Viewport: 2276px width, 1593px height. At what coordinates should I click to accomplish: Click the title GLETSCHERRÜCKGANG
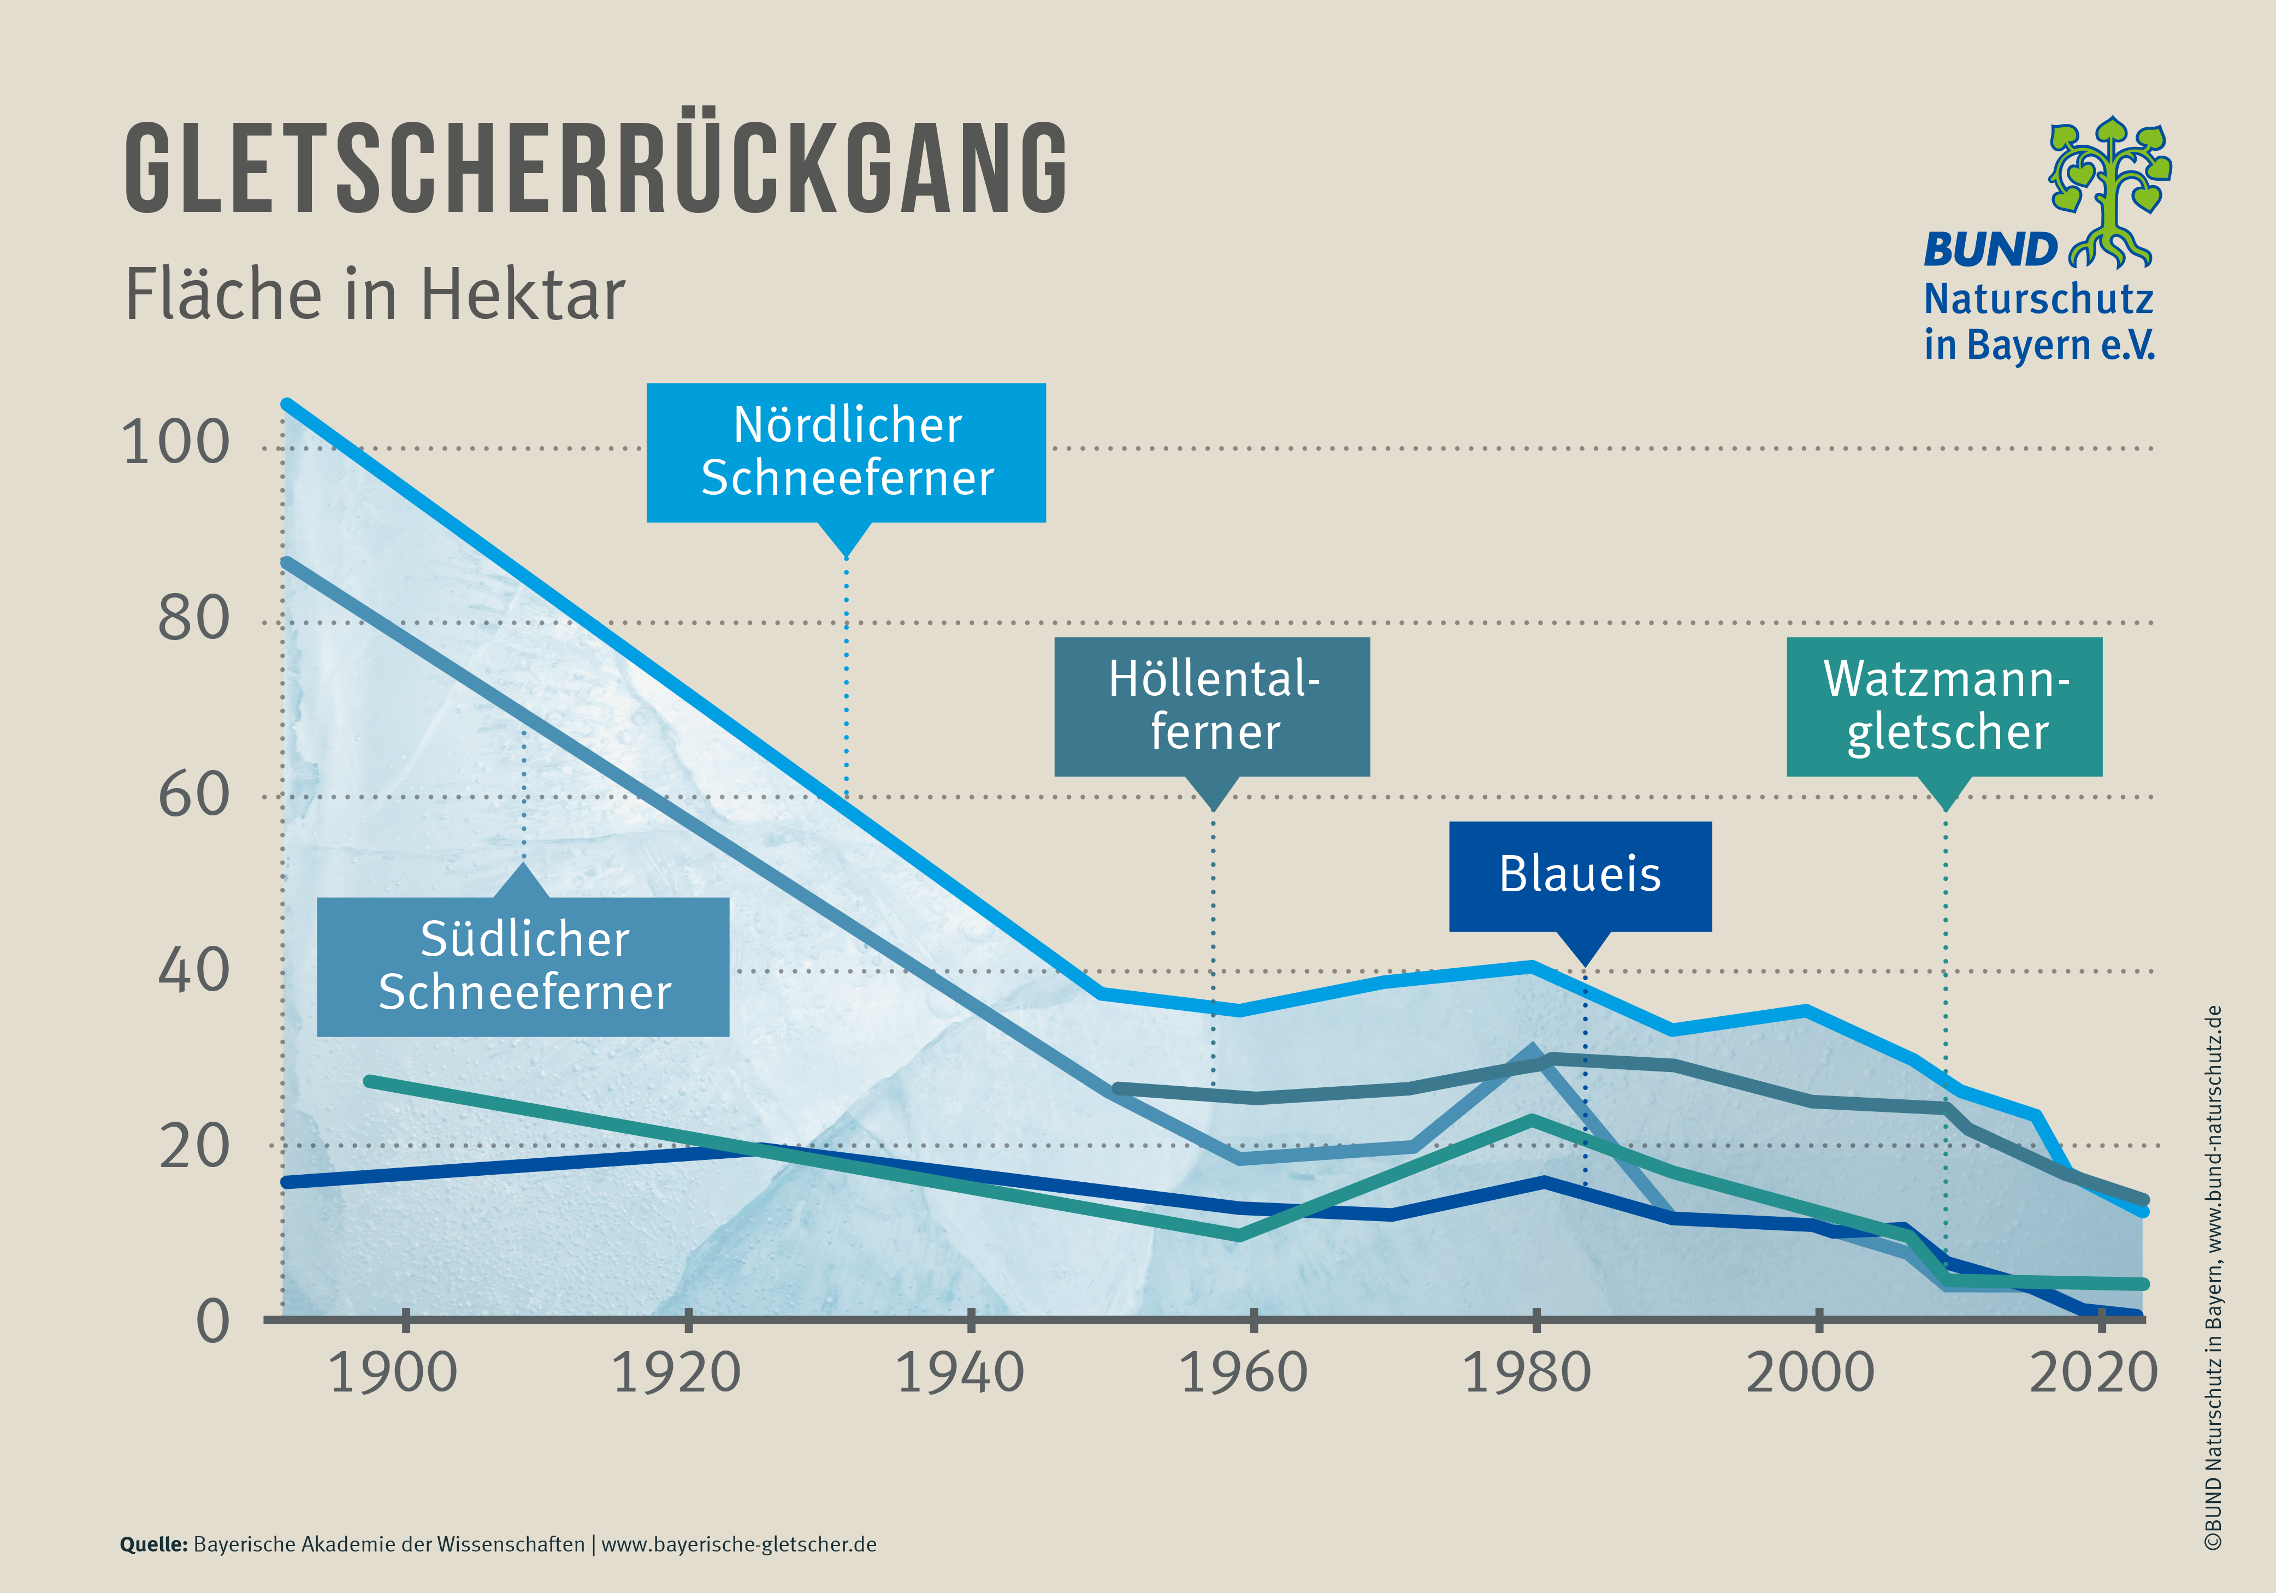coord(595,169)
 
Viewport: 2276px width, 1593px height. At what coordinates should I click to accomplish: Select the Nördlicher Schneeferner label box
coord(846,452)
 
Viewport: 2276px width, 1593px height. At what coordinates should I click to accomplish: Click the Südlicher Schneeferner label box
coord(523,967)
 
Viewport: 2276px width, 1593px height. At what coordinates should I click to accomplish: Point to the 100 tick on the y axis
coord(175,443)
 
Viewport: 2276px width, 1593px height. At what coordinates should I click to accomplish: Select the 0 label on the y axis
coord(212,1322)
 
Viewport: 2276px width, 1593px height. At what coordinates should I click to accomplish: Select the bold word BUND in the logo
coord(1990,250)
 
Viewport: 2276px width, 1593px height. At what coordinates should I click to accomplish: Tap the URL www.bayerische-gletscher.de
coord(738,1544)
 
